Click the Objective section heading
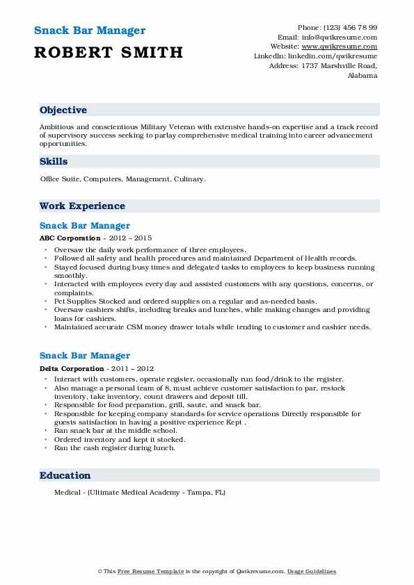(63, 110)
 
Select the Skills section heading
(54, 162)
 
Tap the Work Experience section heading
(82, 206)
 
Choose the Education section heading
(65, 476)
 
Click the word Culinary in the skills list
(189, 179)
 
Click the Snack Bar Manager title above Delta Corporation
(85, 356)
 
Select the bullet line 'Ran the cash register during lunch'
(115, 448)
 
